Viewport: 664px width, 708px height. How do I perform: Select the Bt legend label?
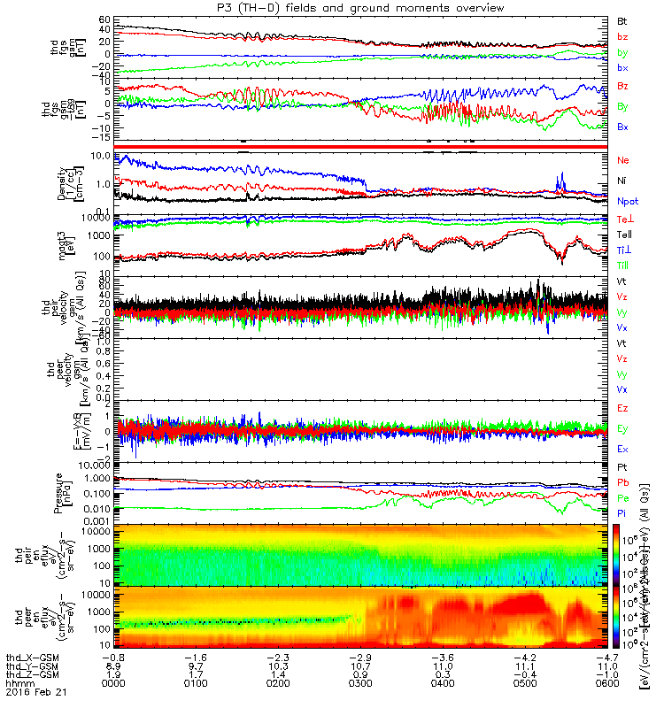[622, 19]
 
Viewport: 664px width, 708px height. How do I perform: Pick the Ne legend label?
[622, 159]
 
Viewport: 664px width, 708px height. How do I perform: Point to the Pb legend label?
[622, 481]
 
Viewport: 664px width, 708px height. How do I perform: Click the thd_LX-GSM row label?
[33, 656]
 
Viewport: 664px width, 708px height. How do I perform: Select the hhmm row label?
[17, 682]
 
